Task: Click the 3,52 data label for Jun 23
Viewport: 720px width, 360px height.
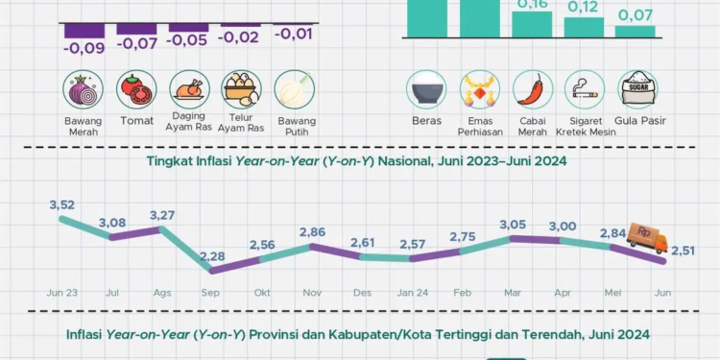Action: pos(60,204)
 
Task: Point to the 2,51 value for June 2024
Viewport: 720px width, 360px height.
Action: pos(683,251)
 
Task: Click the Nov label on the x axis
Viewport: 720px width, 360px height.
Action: pos(311,291)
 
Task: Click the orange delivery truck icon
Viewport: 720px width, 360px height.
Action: pos(647,235)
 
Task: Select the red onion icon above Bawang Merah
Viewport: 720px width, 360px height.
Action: pos(84,90)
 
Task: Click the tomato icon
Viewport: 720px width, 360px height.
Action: pos(135,90)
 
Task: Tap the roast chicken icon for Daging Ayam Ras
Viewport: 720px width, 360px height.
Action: pos(188,90)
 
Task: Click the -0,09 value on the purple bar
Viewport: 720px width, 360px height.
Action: pos(84,46)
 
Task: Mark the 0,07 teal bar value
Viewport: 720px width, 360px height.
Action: pos(636,15)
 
